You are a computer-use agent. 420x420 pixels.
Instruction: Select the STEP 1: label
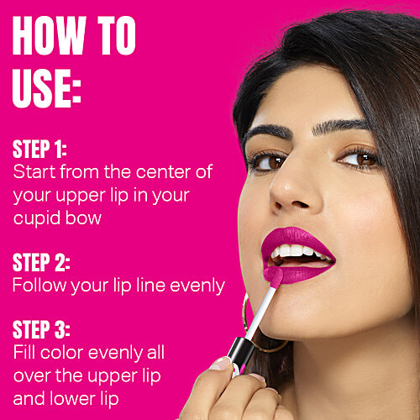click(39, 150)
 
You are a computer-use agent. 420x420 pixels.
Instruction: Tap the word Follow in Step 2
click(34, 286)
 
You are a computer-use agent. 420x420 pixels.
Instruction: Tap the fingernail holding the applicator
click(223, 364)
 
